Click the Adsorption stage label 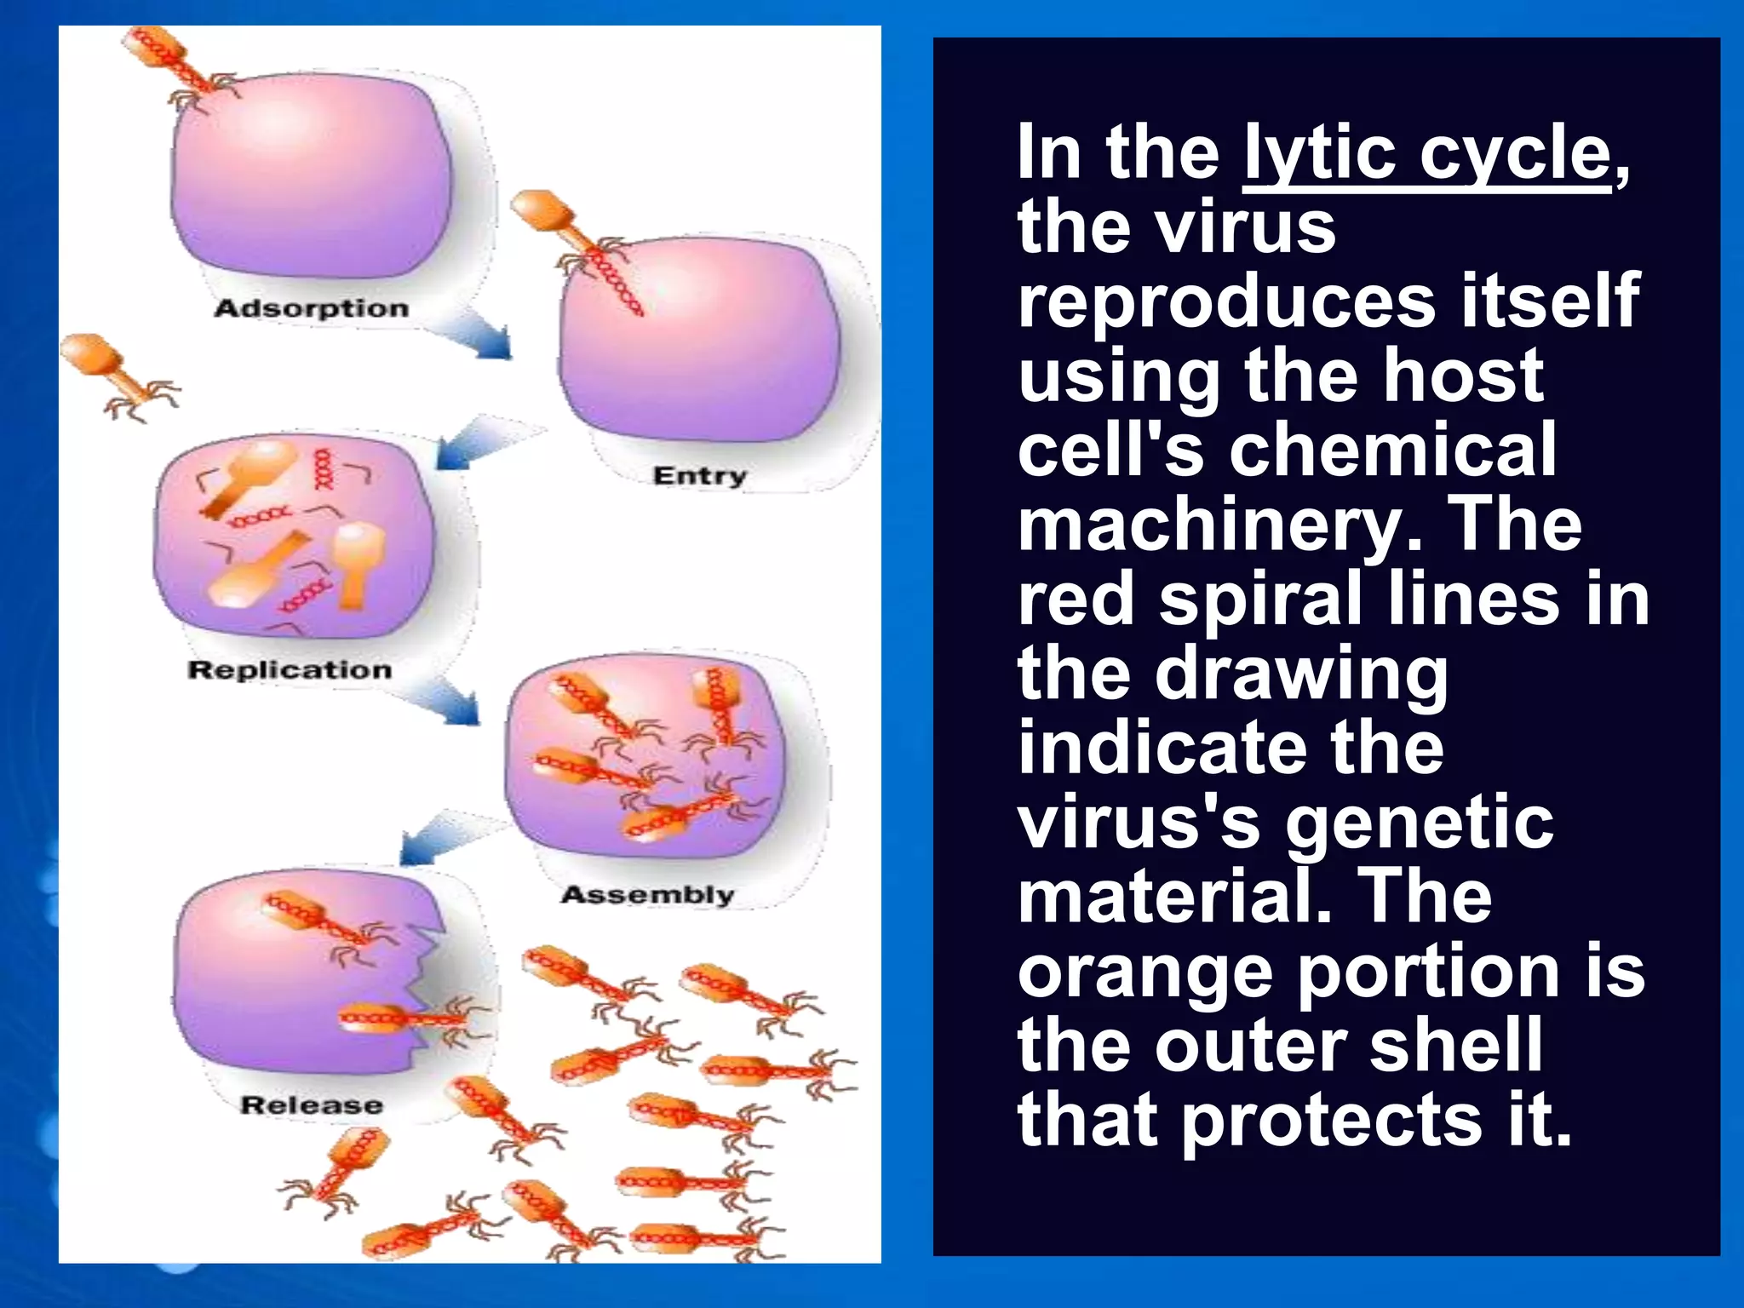point(312,308)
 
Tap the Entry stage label point(699,476)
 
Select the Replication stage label point(290,670)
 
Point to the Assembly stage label point(647,895)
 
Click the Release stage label point(312,1105)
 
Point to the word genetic point(1420,823)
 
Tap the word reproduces point(1227,301)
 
